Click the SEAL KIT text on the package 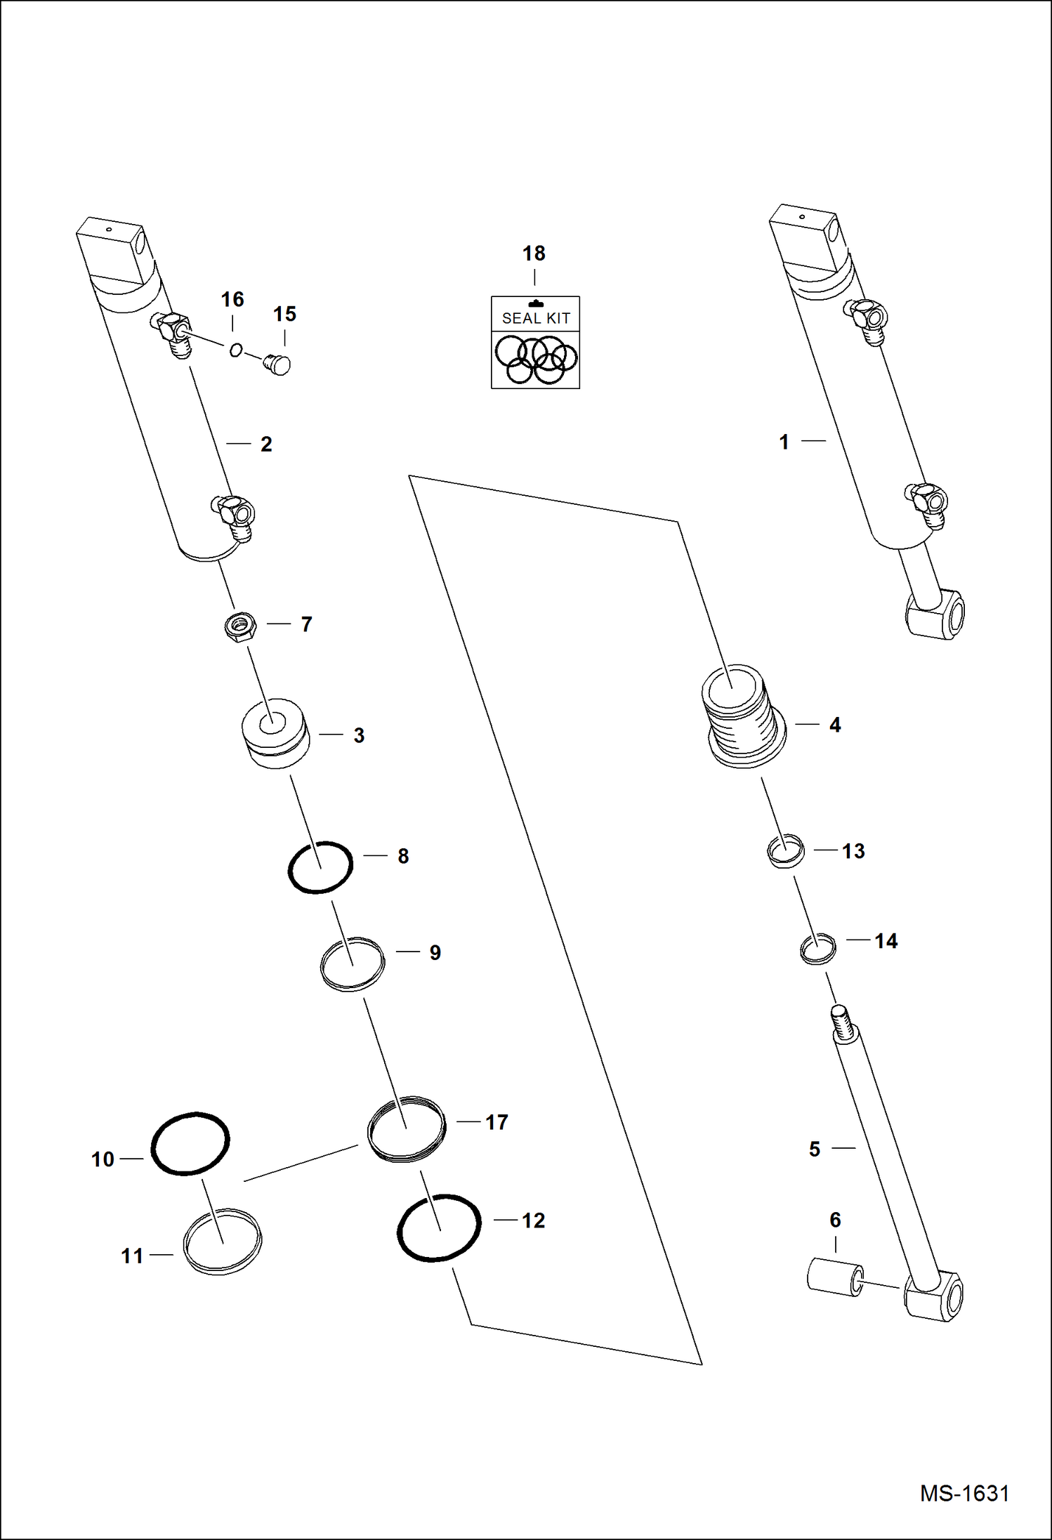(x=535, y=318)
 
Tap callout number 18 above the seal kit (x=534, y=254)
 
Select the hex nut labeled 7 (x=240, y=624)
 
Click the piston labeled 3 (x=275, y=732)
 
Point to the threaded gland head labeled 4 (x=744, y=716)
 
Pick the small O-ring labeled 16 (x=236, y=350)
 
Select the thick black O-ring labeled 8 (x=320, y=867)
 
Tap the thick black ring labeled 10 (x=190, y=1143)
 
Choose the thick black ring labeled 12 (x=439, y=1228)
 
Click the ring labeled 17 (x=407, y=1128)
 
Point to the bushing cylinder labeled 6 (x=835, y=1278)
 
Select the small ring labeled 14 (x=818, y=949)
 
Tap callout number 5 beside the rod (x=814, y=1149)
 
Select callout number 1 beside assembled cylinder (x=784, y=442)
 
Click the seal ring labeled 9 (x=353, y=963)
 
